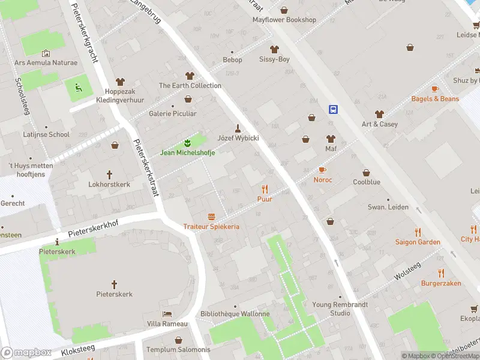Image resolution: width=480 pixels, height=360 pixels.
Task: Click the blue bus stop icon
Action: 333,109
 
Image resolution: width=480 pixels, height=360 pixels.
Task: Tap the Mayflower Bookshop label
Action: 284,20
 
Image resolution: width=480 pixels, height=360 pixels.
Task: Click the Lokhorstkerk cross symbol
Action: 109,175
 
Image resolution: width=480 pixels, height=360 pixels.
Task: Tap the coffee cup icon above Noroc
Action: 322,170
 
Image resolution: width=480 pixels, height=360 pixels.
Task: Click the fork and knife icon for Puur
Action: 265,188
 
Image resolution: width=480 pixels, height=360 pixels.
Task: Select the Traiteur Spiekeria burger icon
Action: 211,217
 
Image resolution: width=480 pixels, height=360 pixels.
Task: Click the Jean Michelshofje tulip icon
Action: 187,143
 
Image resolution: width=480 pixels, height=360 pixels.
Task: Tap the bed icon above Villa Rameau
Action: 167,314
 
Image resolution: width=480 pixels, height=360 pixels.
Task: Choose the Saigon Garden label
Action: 418,242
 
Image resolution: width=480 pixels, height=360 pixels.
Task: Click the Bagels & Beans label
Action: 435,99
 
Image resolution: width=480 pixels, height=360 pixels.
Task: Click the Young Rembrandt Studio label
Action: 331,308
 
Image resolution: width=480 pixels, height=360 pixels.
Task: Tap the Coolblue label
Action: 366,181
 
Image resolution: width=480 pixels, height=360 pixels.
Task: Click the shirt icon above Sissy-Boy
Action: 275,49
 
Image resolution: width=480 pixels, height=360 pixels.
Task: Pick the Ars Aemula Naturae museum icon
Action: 46,54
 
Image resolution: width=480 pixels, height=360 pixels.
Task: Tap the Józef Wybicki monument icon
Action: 238,128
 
